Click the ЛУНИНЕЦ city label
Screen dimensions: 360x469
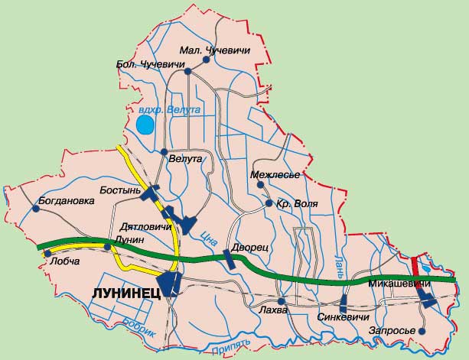coord(125,293)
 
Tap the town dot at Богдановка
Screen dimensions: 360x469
coord(37,208)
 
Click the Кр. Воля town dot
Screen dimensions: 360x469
coord(269,203)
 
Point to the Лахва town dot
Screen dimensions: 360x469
coord(281,300)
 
